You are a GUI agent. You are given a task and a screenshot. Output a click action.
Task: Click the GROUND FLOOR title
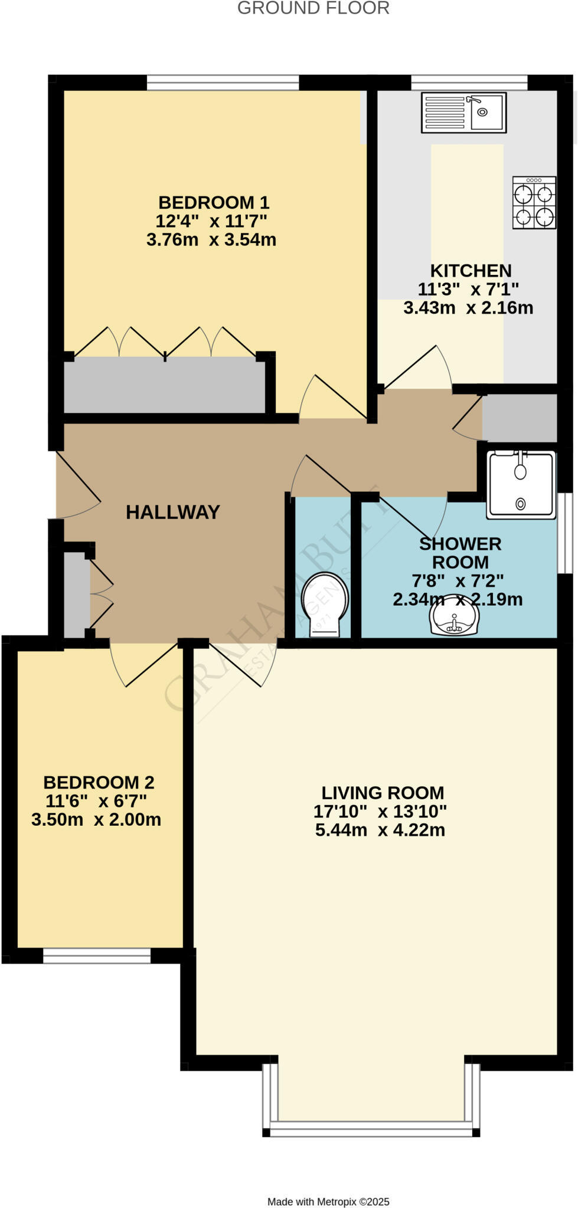(313, 8)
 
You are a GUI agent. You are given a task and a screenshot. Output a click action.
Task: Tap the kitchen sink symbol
(463, 112)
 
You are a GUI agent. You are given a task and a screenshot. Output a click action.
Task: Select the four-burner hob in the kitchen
(534, 202)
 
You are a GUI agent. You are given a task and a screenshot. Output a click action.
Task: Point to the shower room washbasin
(454, 616)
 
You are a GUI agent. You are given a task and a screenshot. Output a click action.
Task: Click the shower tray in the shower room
(521, 485)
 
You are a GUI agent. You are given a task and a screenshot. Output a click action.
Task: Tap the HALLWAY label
(172, 512)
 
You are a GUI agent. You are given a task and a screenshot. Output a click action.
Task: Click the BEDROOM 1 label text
(214, 202)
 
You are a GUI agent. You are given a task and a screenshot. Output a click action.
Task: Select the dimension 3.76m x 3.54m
(211, 240)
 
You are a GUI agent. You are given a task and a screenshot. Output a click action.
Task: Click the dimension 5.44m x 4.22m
(380, 830)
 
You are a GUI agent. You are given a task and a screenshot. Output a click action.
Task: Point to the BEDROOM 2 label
(99, 782)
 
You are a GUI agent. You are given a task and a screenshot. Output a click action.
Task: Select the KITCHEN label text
(471, 271)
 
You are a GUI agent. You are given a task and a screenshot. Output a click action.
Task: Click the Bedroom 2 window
(97, 956)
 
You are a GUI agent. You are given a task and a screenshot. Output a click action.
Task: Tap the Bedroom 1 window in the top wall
(223, 82)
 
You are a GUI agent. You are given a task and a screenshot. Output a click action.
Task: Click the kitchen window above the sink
(469, 82)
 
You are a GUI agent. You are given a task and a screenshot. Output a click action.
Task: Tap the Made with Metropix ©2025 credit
(328, 1202)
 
